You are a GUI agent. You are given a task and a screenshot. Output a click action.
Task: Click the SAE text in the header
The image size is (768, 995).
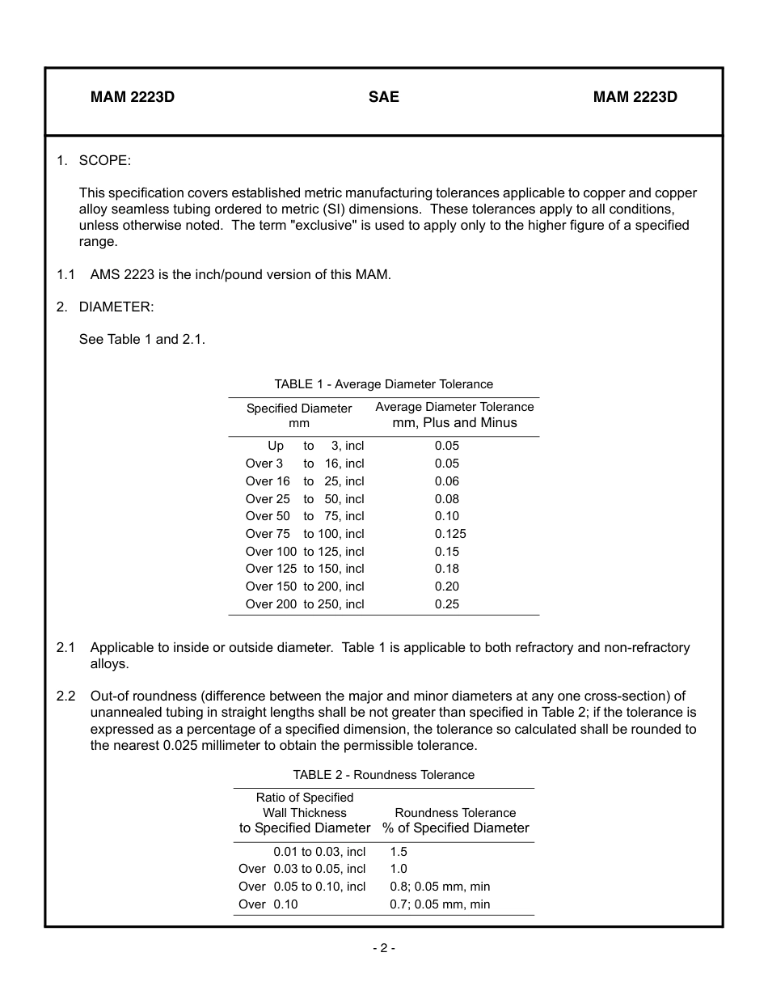pos(383,97)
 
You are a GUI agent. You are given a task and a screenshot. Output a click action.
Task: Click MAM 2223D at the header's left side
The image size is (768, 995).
pos(133,97)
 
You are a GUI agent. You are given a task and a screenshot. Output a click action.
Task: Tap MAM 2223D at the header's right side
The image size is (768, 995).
pos(635,97)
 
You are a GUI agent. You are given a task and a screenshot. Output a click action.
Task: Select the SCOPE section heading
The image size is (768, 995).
pos(104,160)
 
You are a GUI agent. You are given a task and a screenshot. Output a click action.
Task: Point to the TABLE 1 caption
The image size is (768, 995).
pos(383,384)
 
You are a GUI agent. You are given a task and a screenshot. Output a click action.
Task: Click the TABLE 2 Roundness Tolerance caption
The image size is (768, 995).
pos(383,775)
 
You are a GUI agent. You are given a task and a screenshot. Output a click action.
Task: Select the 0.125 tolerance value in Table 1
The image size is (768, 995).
pos(450,534)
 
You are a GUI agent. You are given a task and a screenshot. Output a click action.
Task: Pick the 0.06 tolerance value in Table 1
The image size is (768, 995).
pos(446,481)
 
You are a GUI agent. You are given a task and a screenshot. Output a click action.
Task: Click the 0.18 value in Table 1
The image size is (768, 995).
pos(446,569)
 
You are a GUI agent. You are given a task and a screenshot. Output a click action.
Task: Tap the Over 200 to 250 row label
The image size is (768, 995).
pos(305,604)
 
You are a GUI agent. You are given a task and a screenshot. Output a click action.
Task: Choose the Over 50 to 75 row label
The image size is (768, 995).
pos(305,516)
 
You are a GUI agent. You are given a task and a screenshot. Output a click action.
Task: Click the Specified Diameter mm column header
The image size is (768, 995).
pos(299,416)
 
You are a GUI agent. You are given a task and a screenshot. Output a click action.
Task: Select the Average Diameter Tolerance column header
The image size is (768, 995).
pos(454,415)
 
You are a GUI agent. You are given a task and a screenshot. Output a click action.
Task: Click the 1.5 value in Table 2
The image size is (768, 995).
pos(399,852)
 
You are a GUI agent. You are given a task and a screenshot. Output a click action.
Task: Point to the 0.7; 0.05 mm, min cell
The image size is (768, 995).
pos(440,904)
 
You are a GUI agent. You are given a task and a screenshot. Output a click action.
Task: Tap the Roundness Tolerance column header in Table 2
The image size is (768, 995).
pos(455,820)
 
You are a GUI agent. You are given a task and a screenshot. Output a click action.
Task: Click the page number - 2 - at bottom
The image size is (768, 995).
pos(383,948)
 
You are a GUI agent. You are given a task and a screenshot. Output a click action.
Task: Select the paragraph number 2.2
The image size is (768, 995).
pos(65,696)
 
